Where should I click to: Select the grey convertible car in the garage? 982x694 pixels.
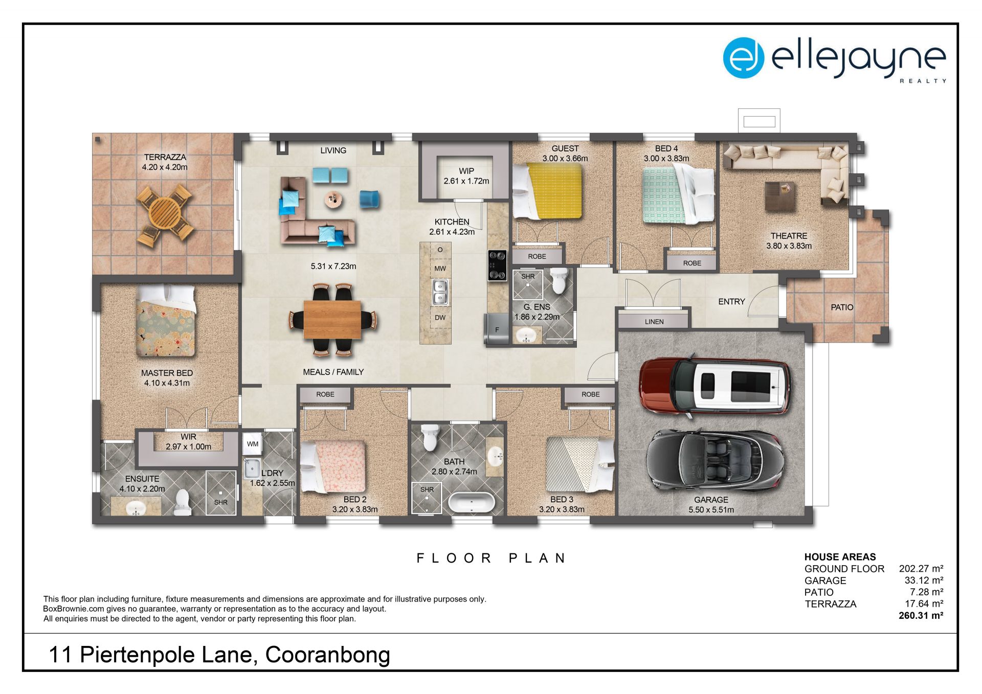715,460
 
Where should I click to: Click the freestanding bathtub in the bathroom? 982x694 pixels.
472,503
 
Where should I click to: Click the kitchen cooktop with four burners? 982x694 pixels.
497,265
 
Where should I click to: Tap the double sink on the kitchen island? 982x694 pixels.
440,292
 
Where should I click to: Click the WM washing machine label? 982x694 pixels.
253,444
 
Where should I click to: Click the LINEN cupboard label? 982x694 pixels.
654,322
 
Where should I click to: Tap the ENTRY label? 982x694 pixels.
731,302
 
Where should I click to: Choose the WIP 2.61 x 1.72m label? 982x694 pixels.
466,176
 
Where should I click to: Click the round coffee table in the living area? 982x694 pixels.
334,199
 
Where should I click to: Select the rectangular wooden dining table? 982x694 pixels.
332,320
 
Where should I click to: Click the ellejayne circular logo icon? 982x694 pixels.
743,58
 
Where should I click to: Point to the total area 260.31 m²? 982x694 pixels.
921,616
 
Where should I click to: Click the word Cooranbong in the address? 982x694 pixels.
327,655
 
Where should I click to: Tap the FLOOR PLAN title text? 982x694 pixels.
491,558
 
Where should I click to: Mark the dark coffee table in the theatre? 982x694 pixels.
780,196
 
